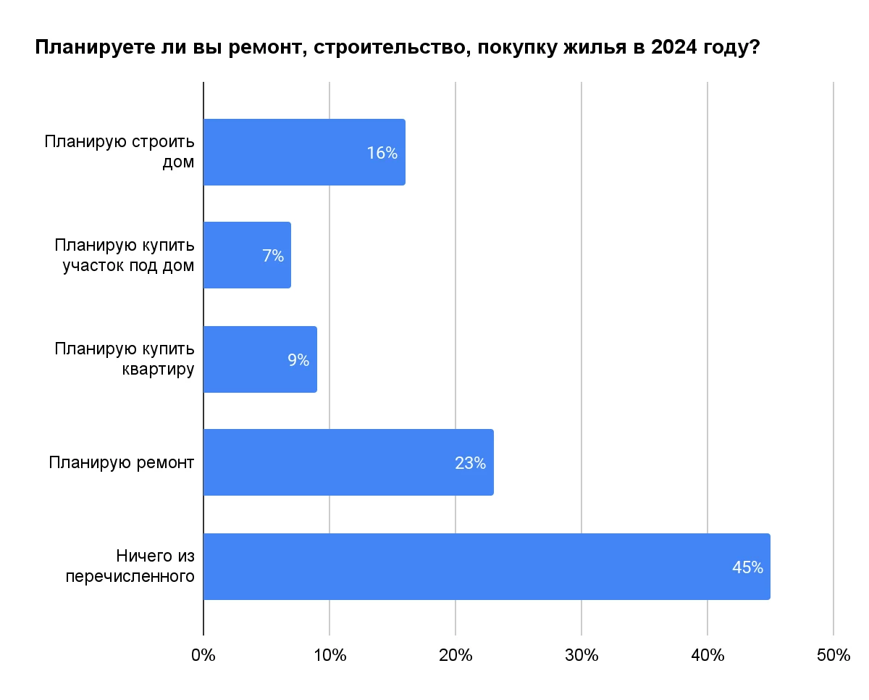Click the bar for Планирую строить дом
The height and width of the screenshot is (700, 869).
click(x=304, y=152)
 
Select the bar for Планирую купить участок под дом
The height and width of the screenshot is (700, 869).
click(x=247, y=255)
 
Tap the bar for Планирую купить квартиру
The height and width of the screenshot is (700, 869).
click(x=260, y=359)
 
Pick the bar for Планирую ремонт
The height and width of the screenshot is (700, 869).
click(x=348, y=462)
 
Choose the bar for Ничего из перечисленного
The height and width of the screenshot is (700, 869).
click(x=487, y=567)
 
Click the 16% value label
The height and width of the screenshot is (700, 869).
click(x=382, y=153)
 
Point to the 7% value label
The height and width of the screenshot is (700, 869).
click(x=273, y=256)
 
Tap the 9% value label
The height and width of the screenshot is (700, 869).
click(x=298, y=359)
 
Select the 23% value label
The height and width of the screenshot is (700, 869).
click(x=470, y=463)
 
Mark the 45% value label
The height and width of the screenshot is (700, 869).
click(x=747, y=567)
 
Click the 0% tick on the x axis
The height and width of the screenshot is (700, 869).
click(x=203, y=655)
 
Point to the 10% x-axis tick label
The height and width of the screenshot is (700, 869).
click(x=329, y=655)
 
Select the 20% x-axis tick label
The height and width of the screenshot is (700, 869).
click(x=456, y=655)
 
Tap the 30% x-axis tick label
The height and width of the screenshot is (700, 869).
click(x=582, y=655)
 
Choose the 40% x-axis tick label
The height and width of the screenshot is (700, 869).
click(x=708, y=655)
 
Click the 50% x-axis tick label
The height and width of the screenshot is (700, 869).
click(x=833, y=655)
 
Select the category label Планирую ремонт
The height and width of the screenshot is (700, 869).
click(x=122, y=462)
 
